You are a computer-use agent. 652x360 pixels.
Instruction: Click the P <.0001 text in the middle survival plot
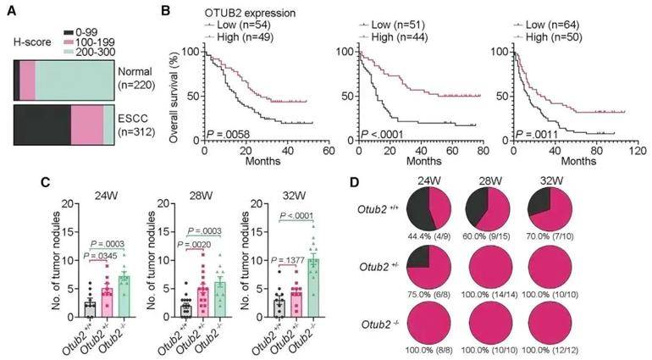[382, 136]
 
